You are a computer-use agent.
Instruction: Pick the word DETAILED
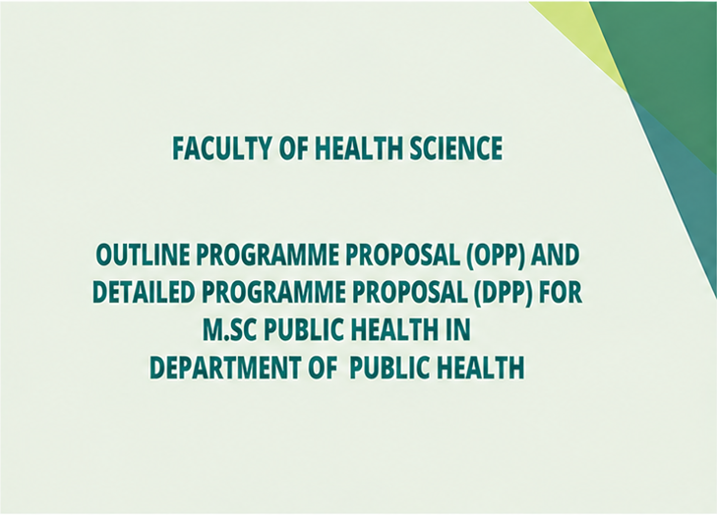144,292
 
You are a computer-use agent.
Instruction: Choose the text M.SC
229,329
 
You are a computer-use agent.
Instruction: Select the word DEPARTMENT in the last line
225,367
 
